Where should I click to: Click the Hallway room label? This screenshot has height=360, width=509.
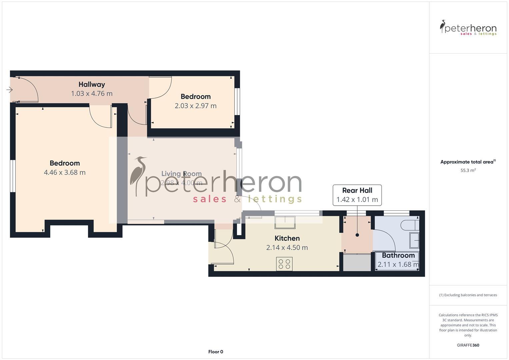click(x=92, y=84)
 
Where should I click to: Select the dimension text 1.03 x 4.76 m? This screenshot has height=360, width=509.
click(x=92, y=94)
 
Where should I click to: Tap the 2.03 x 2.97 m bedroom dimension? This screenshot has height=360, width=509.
click(x=195, y=106)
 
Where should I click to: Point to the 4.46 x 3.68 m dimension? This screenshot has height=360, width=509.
click(x=65, y=172)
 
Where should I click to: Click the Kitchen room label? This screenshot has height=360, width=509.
click(x=287, y=238)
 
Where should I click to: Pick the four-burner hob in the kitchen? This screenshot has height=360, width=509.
click(x=284, y=264)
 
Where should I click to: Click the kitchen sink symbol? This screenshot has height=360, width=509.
click(x=285, y=222)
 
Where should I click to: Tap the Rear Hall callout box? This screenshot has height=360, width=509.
click(x=357, y=195)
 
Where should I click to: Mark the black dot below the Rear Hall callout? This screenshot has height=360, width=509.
click(x=357, y=235)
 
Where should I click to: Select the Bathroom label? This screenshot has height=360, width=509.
click(x=398, y=255)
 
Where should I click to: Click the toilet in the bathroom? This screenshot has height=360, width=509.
click(x=410, y=225)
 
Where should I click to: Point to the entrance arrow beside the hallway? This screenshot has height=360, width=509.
click(x=9, y=90)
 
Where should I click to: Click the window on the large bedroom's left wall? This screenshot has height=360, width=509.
click(x=12, y=176)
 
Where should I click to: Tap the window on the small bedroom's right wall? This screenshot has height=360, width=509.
click(x=237, y=101)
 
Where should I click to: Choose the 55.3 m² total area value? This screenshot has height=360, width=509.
click(x=468, y=170)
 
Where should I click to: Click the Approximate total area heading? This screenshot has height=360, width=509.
click(x=468, y=162)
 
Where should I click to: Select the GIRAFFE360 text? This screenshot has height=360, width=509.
click(x=468, y=345)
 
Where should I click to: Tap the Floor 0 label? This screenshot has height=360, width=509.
click(x=215, y=352)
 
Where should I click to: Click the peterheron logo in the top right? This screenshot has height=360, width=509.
click(x=468, y=28)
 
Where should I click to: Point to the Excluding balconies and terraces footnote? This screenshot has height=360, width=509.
click(x=468, y=295)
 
